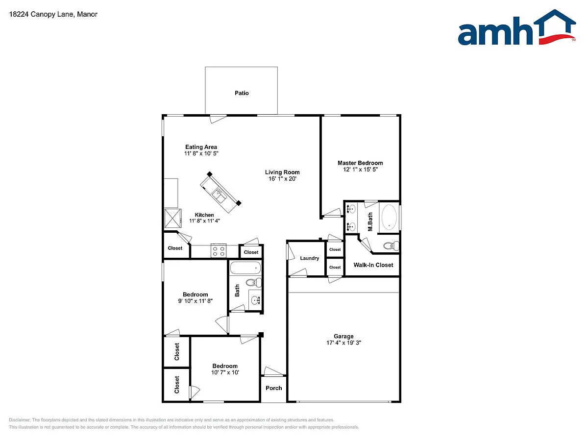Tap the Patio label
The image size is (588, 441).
[x=242, y=93]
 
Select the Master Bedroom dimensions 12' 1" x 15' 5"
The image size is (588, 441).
[x=360, y=170]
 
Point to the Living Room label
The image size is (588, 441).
[x=282, y=172]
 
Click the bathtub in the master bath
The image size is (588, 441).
[x=390, y=217]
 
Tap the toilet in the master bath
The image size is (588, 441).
[x=390, y=245]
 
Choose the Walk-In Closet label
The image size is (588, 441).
[x=373, y=265]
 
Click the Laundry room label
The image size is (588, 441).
[x=310, y=258]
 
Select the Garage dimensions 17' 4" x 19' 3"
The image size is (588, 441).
[x=343, y=343]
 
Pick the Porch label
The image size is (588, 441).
[x=274, y=388]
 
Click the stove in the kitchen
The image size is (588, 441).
[x=219, y=251]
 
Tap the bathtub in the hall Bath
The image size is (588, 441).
[x=245, y=268]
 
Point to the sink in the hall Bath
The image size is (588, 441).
[x=255, y=299]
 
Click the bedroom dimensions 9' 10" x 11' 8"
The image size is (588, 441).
[x=196, y=301]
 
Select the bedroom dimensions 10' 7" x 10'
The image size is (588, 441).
[x=225, y=372]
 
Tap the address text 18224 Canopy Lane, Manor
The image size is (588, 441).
[x=53, y=14]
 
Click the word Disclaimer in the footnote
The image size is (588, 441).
[x=20, y=420]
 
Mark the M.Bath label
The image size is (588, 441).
[x=370, y=221]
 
